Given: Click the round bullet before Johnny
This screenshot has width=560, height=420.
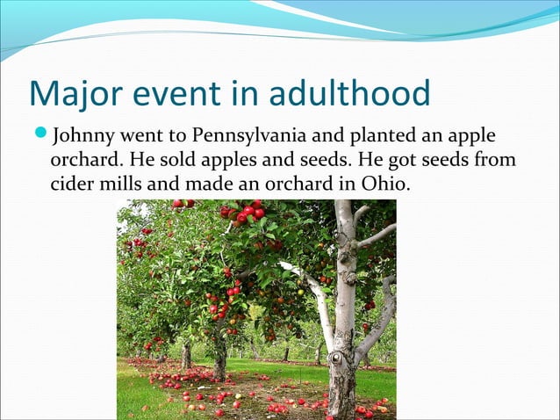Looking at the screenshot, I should (x=40, y=137).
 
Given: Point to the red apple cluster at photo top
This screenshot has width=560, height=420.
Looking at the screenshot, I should (x=246, y=212).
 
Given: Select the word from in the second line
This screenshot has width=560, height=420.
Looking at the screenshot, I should (x=496, y=162).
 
